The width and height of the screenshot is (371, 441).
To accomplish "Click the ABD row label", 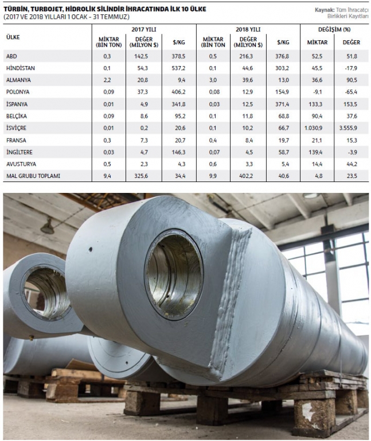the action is pyautogui.click(x=11, y=56).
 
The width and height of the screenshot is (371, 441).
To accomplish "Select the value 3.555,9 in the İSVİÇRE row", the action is pyautogui.click(x=348, y=128).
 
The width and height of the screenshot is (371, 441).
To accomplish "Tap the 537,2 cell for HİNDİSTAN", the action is pyautogui.click(x=178, y=68).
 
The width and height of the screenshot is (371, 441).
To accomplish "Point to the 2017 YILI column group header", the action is pyautogui.click(x=144, y=29).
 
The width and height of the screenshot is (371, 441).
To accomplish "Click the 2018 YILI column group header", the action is pyautogui.click(x=248, y=29).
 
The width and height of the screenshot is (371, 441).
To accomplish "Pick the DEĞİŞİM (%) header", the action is pyautogui.click(x=334, y=29).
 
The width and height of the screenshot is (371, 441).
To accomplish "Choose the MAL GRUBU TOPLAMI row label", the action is pyautogui.click(x=33, y=176).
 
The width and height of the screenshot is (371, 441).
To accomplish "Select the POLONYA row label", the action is pyautogui.click(x=18, y=92).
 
